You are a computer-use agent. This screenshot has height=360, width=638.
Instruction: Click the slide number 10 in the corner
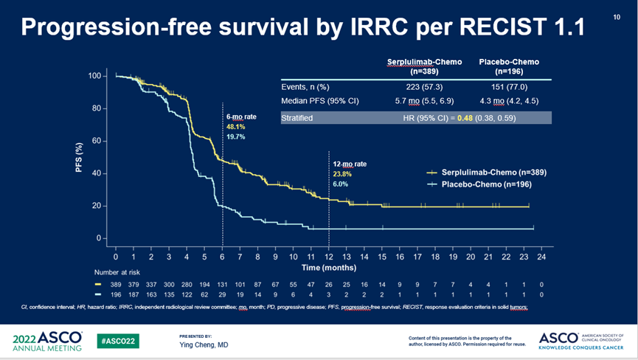[617, 17]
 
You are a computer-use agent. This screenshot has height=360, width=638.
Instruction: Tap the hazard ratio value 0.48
[465, 117]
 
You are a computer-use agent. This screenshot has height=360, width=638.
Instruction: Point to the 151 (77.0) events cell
[508, 87]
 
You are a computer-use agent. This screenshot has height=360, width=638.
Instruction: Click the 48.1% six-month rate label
[235, 126]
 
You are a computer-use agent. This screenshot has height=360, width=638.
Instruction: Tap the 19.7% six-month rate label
[235, 136]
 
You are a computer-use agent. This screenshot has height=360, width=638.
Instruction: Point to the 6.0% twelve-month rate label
[340, 184]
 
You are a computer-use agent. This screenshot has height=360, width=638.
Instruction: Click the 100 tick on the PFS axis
[94, 76]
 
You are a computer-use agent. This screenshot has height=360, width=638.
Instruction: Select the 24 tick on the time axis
[541, 257]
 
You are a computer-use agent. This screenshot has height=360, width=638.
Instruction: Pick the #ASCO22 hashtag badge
[118, 341]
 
